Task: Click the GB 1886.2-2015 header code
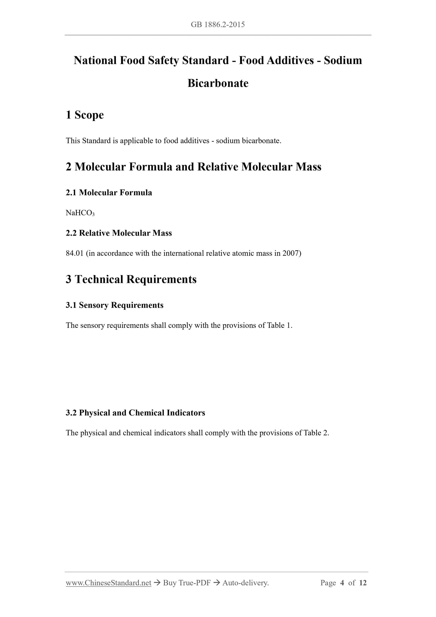tap(218, 25)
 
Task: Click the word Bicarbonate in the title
tap(218, 83)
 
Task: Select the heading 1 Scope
tap(85, 115)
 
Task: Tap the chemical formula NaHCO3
tap(80, 213)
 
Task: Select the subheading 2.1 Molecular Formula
tap(109, 193)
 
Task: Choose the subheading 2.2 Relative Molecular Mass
tap(119, 233)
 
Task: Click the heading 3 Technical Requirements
tap(131, 279)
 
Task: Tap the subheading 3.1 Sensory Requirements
tap(115, 305)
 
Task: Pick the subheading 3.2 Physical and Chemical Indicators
tap(135, 413)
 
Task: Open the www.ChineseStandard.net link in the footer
tap(108, 583)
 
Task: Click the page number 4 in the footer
tap(342, 583)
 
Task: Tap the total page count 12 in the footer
tap(363, 583)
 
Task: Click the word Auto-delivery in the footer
tap(245, 583)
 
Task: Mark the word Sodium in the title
tap(343, 60)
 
